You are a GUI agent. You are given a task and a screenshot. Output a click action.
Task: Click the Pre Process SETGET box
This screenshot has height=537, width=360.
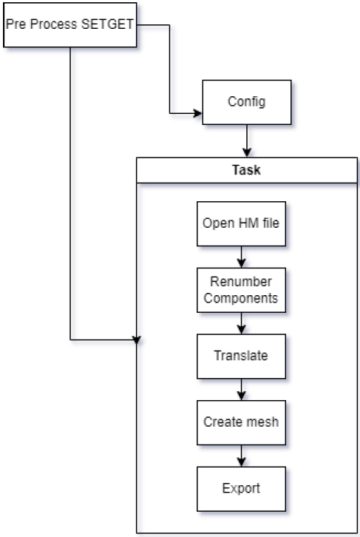(69, 24)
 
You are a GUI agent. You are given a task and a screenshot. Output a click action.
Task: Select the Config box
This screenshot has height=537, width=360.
(247, 102)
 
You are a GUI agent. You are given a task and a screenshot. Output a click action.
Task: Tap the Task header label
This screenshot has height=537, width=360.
(246, 170)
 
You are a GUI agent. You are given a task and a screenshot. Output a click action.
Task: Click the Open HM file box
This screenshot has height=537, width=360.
(241, 223)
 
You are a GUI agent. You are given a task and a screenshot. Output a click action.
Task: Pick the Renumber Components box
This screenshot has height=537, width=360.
(241, 290)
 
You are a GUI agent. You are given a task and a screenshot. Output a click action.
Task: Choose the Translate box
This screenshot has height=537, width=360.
(241, 357)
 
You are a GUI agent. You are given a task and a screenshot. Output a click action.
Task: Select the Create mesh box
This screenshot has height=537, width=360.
(241, 422)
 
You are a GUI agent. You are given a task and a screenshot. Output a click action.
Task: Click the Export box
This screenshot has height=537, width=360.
(241, 489)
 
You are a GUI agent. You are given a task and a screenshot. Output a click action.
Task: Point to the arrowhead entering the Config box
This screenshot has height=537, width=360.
(198, 113)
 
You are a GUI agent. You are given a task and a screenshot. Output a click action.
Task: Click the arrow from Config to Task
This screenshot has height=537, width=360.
(247, 141)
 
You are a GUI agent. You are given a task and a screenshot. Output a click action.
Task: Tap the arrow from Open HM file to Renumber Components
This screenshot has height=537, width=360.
(241, 257)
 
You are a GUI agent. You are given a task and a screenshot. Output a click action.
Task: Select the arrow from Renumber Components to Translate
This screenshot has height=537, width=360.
(241, 323)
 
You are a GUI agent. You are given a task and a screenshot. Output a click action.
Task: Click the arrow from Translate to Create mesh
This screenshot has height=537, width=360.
(241, 389)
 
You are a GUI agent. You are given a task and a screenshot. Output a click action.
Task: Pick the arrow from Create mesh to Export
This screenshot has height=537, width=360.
(241, 456)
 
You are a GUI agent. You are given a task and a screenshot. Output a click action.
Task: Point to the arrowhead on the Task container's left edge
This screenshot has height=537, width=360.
(137, 340)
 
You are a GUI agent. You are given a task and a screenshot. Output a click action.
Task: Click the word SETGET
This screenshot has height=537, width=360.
(107, 24)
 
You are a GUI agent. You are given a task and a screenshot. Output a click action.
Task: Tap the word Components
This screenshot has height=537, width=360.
(240, 298)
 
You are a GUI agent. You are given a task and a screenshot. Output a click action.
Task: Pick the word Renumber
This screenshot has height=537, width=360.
(241, 282)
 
